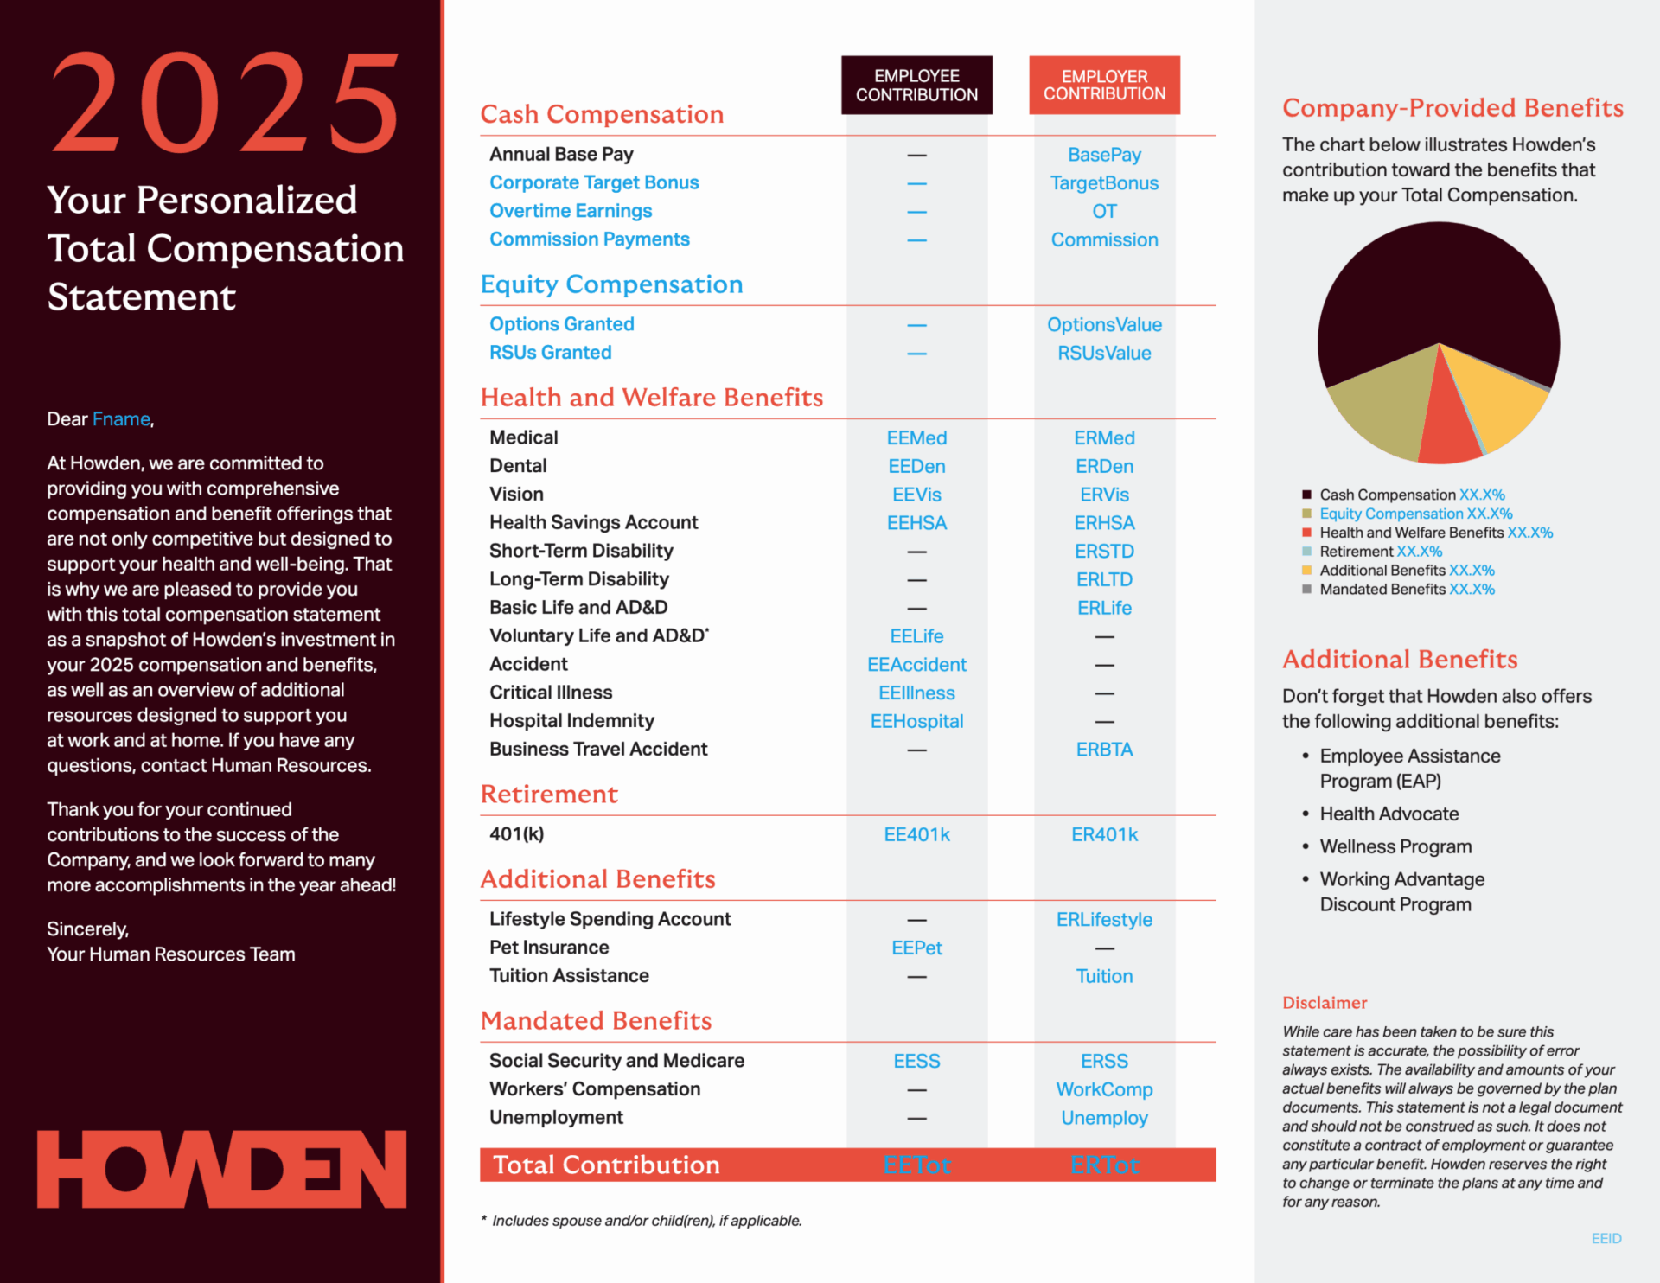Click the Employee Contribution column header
click(x=916, y=85)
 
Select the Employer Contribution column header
click(x=1104, y=85)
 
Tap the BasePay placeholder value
click(x=1104, y=155)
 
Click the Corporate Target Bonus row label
click(x=594, y=182)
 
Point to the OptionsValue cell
click(x=1104, y=325)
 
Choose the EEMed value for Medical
click(x=916, y=438)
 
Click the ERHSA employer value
click(x=1104, y=523)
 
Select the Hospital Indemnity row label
click(x=571, y=721)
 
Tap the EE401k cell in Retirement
click(x=916, y=835)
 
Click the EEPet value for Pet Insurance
click(x=916, y=948)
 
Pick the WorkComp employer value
click(x=1104, y=1090)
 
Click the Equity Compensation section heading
click(x=611, y=284)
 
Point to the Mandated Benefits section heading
click(x=596, y=1021)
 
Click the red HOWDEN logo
click(x=221, y=1169)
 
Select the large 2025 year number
click(x=225, y=104)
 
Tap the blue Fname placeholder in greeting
click(x=121, y=419)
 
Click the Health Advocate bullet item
click(x=1389, y=814)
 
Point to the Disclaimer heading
click(x=1325, y=1003)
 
